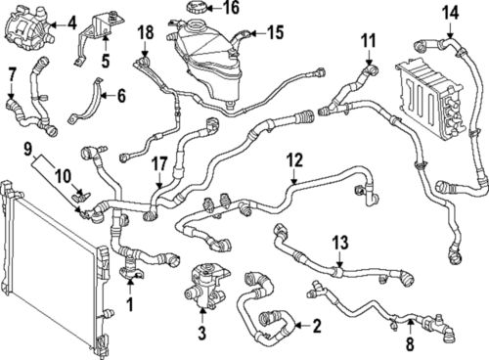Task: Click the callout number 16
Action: click(x=230, y=9)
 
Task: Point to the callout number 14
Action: click(x=449, y=13)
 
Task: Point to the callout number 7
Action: click(x=12, y=74)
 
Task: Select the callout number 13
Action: click(x=339, y=240)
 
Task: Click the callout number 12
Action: click(x=294, y=157)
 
